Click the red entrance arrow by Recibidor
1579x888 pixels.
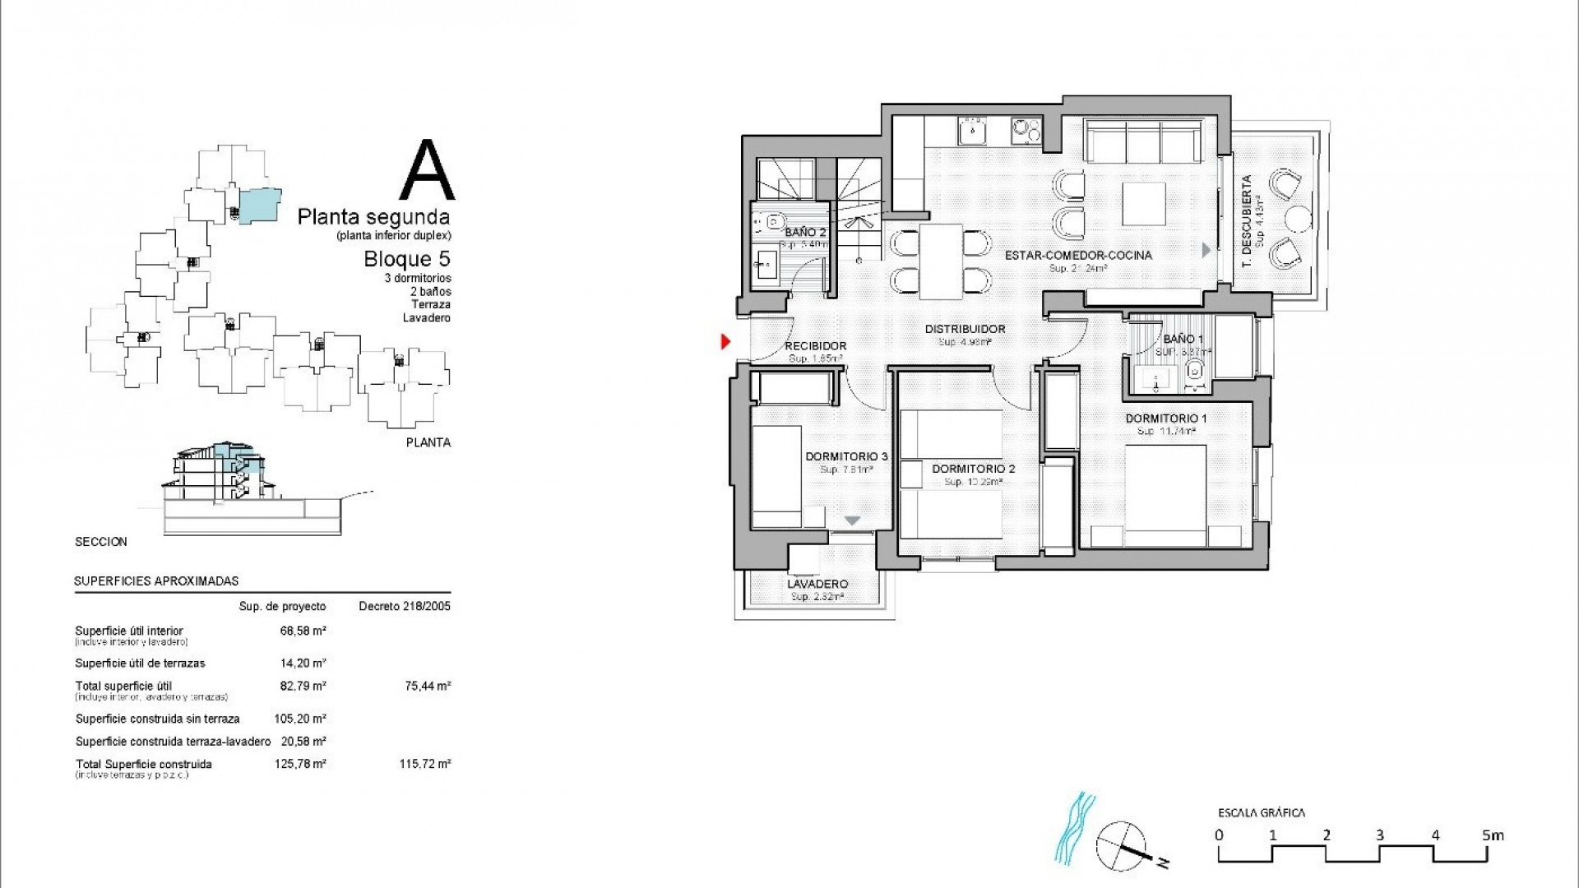pos(725,340)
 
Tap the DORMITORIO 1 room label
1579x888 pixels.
pos(1166,419)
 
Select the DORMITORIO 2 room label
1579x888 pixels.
pos(973,469)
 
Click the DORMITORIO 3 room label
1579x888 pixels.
pos(846,456)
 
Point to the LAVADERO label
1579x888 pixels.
pos(817,584)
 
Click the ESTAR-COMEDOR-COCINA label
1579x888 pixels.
pos(1078,256)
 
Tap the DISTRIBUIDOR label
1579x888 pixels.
pos(965,329)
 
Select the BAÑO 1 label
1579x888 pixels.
pos(1183,339)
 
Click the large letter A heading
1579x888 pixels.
pos(427,171)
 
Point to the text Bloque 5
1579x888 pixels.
pos(407,259)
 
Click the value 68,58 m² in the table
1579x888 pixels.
pos(303,631)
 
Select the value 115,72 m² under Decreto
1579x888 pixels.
pos(424,764)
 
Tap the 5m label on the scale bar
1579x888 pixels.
pos(1493,835)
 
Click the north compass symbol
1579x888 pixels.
pos(1122,846)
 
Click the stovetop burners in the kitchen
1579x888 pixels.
pos(1026,130)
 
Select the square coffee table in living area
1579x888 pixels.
pos(1143,204)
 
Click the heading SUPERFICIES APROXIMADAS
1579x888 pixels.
pos(156,580)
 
